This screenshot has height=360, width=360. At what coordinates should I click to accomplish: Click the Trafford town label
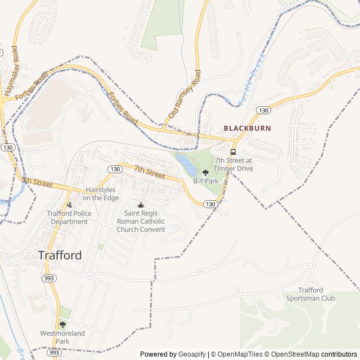coord(60,255)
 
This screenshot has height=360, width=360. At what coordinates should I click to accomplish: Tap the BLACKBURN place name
coord(247,128)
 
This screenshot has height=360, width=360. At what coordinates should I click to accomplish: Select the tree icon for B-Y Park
coord(205,172)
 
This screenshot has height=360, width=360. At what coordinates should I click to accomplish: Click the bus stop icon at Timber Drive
coord(233,151)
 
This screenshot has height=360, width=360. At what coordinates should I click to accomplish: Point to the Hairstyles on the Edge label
coord(102,194)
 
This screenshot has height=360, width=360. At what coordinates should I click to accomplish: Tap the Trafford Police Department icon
coord(69,205)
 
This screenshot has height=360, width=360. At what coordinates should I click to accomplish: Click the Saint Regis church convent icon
coord(141,205)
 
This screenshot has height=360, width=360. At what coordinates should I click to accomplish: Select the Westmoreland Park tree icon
coord(62,325)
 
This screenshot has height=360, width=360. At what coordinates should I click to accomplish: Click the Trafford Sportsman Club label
coord(311,294)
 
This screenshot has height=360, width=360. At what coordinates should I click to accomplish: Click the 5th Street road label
coord(37,182)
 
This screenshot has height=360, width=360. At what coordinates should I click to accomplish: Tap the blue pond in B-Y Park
coord(186,164)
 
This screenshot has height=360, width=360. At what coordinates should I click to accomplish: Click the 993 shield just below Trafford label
coord(48,278)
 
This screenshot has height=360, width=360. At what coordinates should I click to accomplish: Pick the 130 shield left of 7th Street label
coord(115,169)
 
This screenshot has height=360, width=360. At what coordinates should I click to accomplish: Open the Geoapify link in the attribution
coord(192,354)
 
